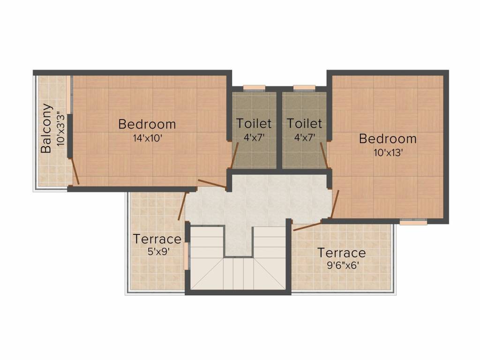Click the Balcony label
click(46, 128)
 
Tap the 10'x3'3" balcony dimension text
click(60, 128)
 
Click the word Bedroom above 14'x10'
click(147, 124)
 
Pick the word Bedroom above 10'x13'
click(388, 139)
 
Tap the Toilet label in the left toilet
click(254, 124)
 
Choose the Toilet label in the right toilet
click(304, 124)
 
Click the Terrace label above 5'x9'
click(157, 239)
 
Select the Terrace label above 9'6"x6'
click(341, 253)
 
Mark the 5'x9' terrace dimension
click(158, 252)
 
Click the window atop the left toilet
click(254, 87)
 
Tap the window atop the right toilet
click(304, 87)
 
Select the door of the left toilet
click(234, 155)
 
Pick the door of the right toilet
click(324, 155)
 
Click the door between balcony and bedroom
click(75, 171)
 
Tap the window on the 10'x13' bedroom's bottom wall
click(413, 222)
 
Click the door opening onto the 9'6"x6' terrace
click(307, 225)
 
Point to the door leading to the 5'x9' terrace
click(182, 206)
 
